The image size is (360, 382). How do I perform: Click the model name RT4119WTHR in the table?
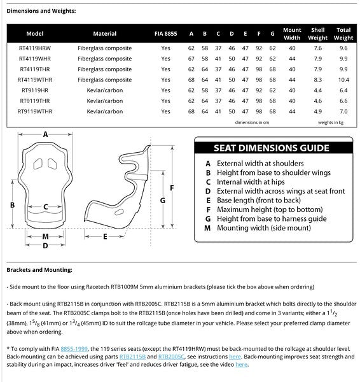(35, 80)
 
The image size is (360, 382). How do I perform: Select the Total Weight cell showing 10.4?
(343, 80)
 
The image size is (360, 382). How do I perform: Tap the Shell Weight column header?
(317, 34)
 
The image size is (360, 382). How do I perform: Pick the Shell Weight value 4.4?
(317, 90)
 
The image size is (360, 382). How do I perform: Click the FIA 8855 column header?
(165, 34)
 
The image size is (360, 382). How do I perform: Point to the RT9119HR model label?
(35, 90)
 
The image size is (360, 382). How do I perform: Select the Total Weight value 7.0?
(343, 111)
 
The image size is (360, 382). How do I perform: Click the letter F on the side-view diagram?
(172, 188)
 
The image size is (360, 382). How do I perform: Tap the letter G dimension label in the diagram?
(163, 201)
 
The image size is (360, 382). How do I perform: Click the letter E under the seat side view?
(105, 237)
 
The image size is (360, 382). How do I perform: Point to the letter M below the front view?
(45, 236)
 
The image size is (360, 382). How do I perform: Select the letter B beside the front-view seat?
(13, 205)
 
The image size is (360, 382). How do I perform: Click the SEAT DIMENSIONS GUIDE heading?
(272, 148)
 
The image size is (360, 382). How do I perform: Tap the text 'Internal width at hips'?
(251, 181)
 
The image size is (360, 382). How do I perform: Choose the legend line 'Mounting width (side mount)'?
(264, 228)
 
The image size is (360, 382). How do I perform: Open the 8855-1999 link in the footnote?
(74, 349)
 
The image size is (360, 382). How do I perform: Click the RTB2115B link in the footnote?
(132, 357)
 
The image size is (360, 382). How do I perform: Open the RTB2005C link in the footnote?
(171, 357)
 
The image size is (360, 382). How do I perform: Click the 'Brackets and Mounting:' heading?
(39, 270)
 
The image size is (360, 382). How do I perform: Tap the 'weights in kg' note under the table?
(331, 122)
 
